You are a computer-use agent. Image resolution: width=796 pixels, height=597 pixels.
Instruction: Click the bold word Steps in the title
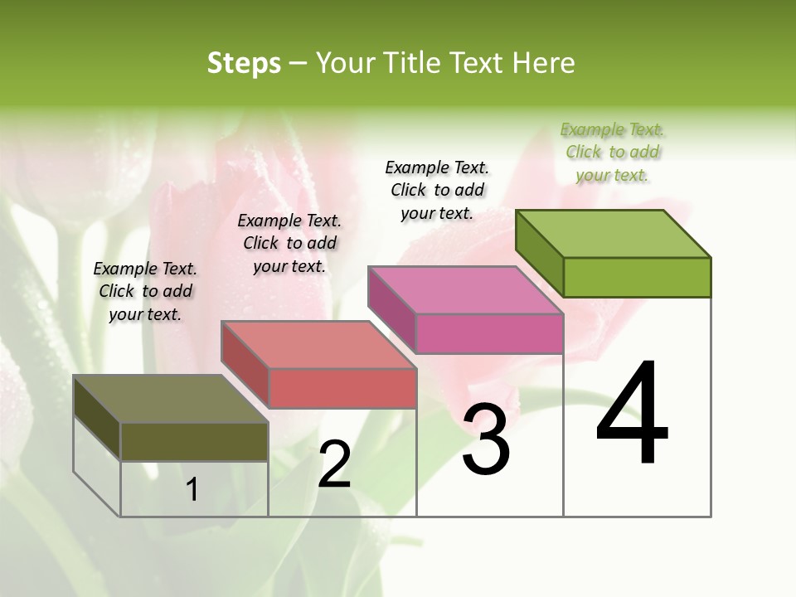(244, 63)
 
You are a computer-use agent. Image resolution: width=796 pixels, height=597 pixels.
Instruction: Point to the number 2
(335, 464)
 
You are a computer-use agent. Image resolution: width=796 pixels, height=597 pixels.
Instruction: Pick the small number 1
(192, 489)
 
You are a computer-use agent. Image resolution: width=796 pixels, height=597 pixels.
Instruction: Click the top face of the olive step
(171, 399)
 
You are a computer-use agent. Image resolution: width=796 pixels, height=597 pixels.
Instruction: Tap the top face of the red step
(318, 344)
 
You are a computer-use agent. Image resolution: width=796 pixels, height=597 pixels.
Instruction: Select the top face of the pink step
(465, 290)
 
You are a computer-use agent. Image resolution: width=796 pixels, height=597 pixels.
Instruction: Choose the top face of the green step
(613, 233)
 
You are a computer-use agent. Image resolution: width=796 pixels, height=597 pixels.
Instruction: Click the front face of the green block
(637, 277)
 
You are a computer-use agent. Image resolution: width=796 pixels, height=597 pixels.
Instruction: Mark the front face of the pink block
(489, 334)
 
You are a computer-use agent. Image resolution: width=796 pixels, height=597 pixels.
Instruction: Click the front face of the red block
(342, 388)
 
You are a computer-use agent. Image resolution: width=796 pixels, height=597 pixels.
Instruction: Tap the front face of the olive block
(194, 441)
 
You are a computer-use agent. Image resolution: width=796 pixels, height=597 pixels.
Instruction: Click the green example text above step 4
(612, 152)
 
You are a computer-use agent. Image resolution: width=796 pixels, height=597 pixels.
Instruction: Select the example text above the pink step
(437, 190)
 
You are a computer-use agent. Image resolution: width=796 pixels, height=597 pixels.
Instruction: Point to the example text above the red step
(289, 243)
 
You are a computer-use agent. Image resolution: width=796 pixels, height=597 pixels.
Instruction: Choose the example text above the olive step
(145, 291)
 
